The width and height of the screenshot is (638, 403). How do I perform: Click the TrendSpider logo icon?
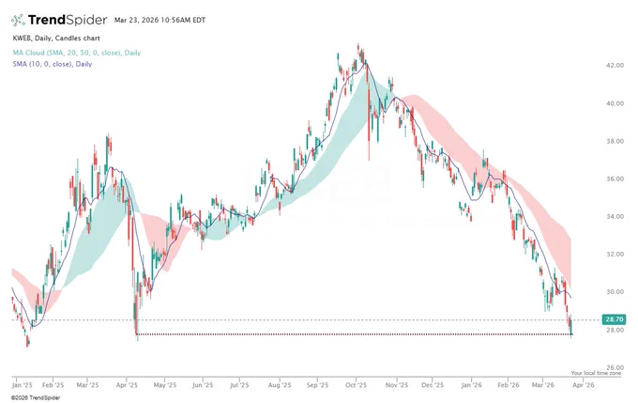click(x=18, y=20)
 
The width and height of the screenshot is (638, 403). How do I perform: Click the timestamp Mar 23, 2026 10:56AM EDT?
click(x=159, y=20)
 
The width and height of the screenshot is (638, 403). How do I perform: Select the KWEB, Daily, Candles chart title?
click(x=56, y=39)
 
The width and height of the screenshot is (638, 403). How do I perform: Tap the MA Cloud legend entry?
click(x=77, y=53)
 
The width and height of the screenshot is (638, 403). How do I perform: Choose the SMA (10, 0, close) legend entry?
click(x=53, y=64)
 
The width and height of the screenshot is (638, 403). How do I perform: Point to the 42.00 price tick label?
click(x=615, y=65)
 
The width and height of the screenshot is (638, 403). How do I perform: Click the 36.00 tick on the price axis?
click(x=615, y=178)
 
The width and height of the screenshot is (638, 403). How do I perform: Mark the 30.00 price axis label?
click(x=615, y=292)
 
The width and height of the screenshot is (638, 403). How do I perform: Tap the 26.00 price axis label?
click(x=615, y=367)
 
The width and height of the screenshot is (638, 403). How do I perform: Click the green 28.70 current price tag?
click(x=614, y=319)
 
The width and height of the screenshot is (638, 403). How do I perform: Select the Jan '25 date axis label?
click(x=23, y=385)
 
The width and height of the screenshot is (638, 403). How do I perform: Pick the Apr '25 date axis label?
click(x=127, y=385)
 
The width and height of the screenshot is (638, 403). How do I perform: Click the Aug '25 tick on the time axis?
click(x=280, y=385)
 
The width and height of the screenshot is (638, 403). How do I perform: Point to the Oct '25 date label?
click(x=356, y=385)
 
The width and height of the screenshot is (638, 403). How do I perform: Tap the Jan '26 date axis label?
click(x=472, y=385)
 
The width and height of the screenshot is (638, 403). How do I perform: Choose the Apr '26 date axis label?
click(x=584, y=385)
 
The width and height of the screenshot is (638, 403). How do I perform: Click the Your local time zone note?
click(x=596, y=373)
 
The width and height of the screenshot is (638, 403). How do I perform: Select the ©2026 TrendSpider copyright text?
click(x=36, y=397)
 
